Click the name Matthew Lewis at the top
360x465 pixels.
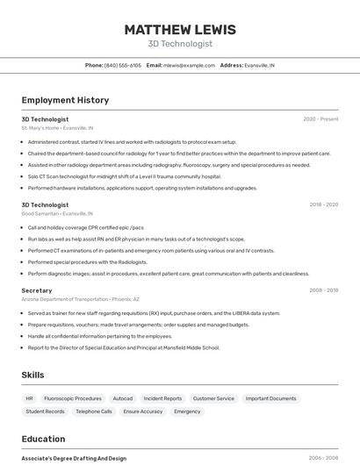click(x=180, y=29)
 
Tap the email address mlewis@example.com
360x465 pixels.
click(x=189, y=65)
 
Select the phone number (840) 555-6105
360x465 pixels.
click(x=123, y=65)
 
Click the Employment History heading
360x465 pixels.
click(x=65, y=100)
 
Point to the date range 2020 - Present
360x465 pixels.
click(x=320, y=118)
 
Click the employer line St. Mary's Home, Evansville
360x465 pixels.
click(x=57, y=128)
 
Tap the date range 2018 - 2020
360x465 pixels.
click(x=323, y=204)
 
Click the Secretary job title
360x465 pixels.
click(x=37, y=290)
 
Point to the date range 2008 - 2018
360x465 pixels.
click(x=323, y=290)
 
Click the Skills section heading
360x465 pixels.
click(x=32, y=375)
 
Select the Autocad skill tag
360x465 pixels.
click(x=123, y=398)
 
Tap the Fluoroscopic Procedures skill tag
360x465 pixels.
click(x=73, y=398)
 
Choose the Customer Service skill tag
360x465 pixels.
click(x=213, y=398)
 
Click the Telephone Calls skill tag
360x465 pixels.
click(x=94, y=411)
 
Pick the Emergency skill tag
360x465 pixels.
click(x=187, y=411)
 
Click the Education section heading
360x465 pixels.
click(x=43, y=439)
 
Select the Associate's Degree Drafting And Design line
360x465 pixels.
click(x=74, y=458)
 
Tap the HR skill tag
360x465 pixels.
click(x=29, y=398)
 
